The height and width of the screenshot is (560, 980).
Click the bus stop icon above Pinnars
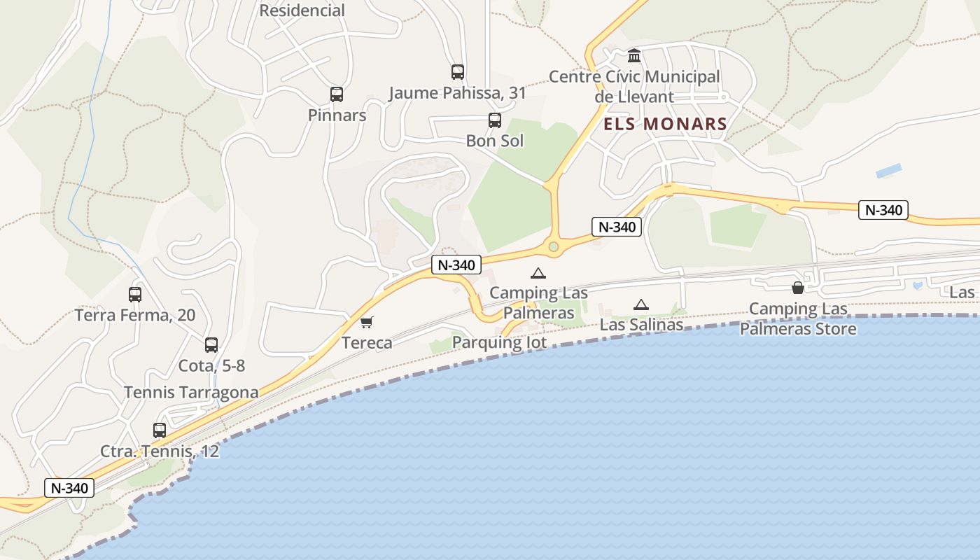[337, 94]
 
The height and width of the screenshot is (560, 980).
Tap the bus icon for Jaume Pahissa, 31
[458, 71]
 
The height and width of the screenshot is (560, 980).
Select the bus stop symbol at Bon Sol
[495, 120]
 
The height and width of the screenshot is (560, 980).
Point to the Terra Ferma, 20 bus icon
[135, 295]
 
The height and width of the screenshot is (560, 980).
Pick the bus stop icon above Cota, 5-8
[211, 344]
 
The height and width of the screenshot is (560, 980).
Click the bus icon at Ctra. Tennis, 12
[160, 430]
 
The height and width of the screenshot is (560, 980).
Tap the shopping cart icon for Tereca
[366, 322]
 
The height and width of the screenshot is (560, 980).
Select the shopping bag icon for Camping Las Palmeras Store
[797, 287]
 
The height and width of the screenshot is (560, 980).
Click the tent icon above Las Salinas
[640, 304]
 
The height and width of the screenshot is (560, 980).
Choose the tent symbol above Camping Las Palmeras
[538, 273]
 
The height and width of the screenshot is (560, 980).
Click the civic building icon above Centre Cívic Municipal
[634, 55]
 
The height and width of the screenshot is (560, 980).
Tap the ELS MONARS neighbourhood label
[665, 125]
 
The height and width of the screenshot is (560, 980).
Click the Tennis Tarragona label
[191, 392]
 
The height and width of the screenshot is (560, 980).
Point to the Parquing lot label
[499, 342]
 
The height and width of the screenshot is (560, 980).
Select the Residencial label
[302, 10]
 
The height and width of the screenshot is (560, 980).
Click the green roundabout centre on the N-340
[554, 246]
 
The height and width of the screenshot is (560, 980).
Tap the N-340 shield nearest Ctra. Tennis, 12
[69, 488]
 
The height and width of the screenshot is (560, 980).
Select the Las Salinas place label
[641, 325]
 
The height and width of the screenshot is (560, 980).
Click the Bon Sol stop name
[495, 141]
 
